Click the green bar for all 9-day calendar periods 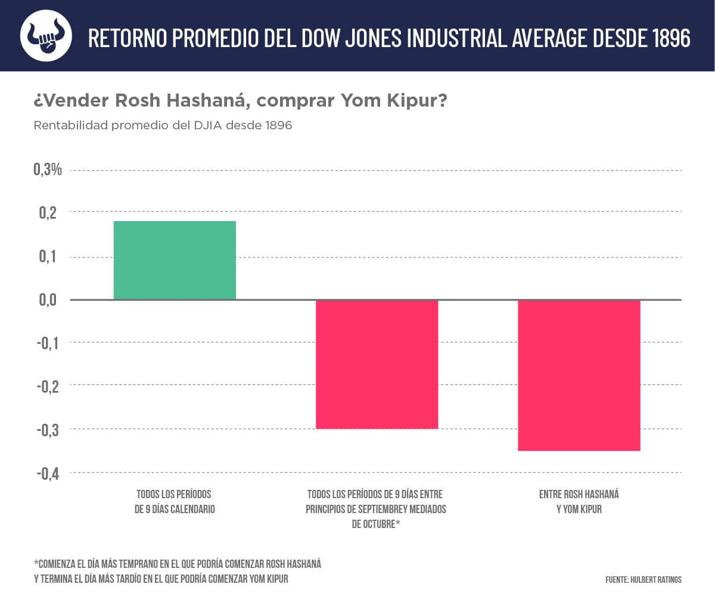click(x=175, y=260)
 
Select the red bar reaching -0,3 click(x=377, y=364)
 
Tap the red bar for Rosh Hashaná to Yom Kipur click(x=579, y=375)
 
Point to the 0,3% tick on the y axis click(x=48, y=170)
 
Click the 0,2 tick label click(x=48, y=213)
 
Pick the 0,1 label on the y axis click(x=48, y=256)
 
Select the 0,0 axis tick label click(x=48, y=299)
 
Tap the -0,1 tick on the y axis click(x=47, y=343)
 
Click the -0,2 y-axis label click(x=47, y=386)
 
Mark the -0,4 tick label click(x=47, y=473)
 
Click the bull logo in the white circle click(x=46, y=36)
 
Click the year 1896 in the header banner click(x=672, y=38)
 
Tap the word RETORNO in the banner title click(x=127, y=38)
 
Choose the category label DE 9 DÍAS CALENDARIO click(x=175, y=510)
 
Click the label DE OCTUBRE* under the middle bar click(x=375, y=524)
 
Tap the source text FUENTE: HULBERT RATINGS click(x=643, y=579)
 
